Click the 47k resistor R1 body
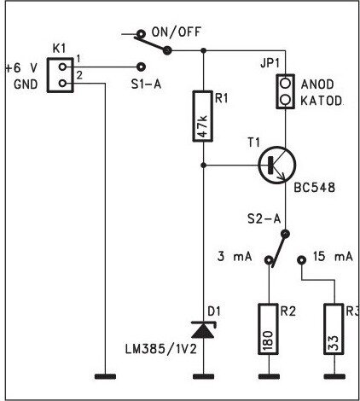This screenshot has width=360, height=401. tap(203, 116)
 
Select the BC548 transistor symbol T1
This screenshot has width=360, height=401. tap(277, 165)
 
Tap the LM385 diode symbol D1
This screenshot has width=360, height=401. tap(203, 329)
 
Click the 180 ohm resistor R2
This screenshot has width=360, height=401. tap(268, 329)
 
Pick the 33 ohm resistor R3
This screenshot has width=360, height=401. tap(334, 329)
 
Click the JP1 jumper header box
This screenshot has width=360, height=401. tap(285, 91)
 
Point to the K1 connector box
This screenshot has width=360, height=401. tap(60, 75)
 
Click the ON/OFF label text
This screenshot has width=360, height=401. tap(177, 32)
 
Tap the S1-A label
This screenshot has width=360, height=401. tap(146, 84)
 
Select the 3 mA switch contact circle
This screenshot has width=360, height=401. tap(268, 260)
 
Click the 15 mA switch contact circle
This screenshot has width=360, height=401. tap(301, 259)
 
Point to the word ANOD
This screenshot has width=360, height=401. tap(317, 84)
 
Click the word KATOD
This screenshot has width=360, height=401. tap(322, 101)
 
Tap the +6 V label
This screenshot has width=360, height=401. tap(21, 68)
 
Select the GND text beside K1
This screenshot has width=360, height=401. tap(26, 84)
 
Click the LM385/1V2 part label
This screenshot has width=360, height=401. tap(161, 350)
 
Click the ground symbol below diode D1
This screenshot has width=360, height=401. tap(203, 376)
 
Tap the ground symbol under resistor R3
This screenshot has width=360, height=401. tap(334, 376)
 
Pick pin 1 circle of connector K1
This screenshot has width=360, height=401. tap(62, 67)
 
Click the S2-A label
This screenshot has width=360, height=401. tap(264, 219)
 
